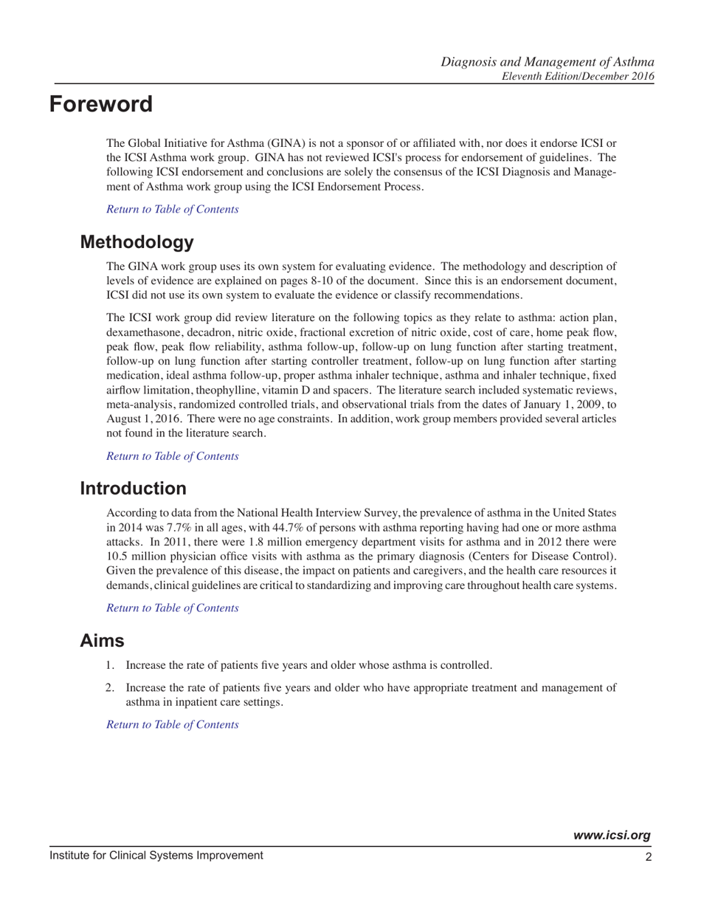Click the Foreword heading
101,104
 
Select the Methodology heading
137,242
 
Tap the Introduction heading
134,488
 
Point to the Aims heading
102,641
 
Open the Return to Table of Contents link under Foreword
173,209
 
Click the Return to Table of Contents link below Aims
173,724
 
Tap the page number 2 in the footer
647,856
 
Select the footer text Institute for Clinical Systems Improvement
156,856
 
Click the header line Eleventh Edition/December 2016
578,75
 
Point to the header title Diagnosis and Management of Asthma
548,61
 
